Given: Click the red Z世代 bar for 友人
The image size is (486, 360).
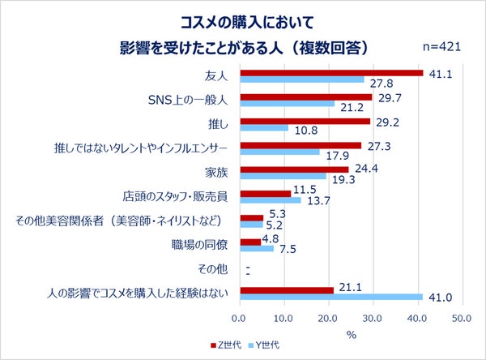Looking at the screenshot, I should tap(330, 73).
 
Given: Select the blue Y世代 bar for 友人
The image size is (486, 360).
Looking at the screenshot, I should tap(301, 80).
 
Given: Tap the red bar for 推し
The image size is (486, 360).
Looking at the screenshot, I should tap(305, 121).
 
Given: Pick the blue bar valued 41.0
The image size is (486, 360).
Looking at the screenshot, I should tap(330, 297).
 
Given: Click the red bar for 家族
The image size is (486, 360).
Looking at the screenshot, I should tap(293, 169).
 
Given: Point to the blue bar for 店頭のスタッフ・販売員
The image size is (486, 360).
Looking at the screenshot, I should tap(270, 200).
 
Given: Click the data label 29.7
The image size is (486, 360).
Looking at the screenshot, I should tap(390, 96).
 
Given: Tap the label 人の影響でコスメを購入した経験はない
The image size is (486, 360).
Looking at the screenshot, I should tap(137, 293).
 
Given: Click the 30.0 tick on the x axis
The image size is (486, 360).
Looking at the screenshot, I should tap(373, 318).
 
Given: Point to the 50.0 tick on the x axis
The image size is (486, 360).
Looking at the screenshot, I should tap(462, 318).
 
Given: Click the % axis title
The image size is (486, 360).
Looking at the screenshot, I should tap(351, 334).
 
